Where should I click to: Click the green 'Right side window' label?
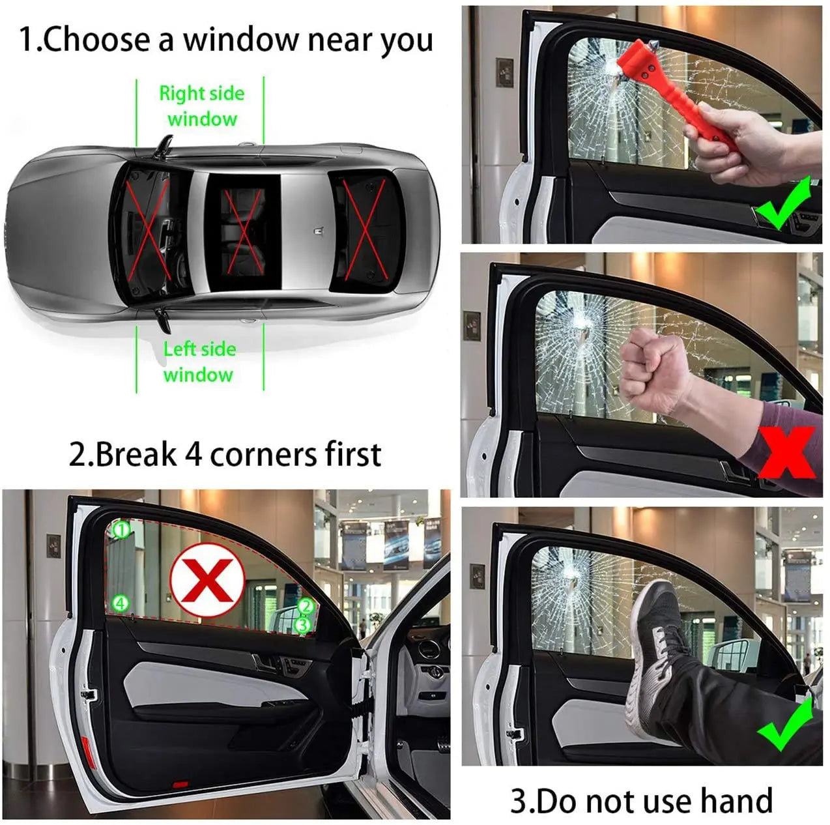pyautogui.click(x=202, y=106)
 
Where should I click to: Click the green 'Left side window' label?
pyautogui.click(x=199, y=361)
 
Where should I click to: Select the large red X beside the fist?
pyautogui.click(x=786, y=452)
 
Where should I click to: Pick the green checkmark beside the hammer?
pyautogui.click(x=784, y=204)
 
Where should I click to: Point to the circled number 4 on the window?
pyautogui.click(x=120, y=603)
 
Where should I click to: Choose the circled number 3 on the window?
pyautogui.click(x=302, y=625)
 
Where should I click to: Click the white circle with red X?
pyautogui.click(x=207, y=580)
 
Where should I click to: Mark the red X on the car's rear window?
pyautogui.click(x=365, y=229)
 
